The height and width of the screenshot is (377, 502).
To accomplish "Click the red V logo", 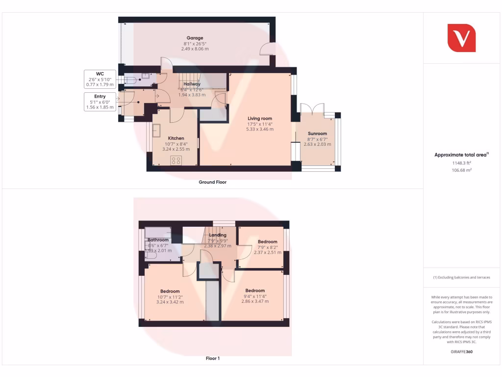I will [x=461, y=37].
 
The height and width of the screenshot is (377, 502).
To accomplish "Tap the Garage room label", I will [x=195, y=38].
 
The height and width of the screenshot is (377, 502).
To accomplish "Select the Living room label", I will [x=260, y=118].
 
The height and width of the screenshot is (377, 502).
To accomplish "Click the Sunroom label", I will [x=317, y=134].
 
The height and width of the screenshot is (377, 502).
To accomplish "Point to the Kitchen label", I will [x=176, y=138].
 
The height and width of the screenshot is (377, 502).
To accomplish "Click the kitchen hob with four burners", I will [x=176, y=161].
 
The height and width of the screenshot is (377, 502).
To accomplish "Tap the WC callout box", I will [x=100, y=79].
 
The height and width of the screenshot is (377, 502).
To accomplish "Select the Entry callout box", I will [x=100, y=102].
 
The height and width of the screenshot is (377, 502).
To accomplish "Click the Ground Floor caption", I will [x=212, y=182].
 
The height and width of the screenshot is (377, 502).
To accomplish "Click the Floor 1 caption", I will [x=212, y=358].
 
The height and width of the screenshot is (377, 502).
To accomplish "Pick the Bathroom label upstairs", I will [x=158, y=240].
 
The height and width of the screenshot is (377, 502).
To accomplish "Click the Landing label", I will [x=218, y=235].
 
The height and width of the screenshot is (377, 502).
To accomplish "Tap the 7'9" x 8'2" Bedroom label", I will [x=268, y=242].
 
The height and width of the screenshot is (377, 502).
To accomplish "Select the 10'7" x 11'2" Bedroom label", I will [x=170, y=291].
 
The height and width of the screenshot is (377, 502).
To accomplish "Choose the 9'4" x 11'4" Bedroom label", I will [x=255, y=291].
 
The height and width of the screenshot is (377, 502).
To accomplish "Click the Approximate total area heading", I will [x=461, y=155].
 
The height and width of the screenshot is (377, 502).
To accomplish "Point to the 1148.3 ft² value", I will [x=461, y=163].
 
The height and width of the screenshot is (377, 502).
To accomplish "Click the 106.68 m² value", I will [x=461, y=170].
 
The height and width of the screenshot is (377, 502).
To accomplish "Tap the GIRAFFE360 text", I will [x=461, y=351].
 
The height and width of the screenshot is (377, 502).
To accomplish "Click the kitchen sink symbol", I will [x=157, y=131].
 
